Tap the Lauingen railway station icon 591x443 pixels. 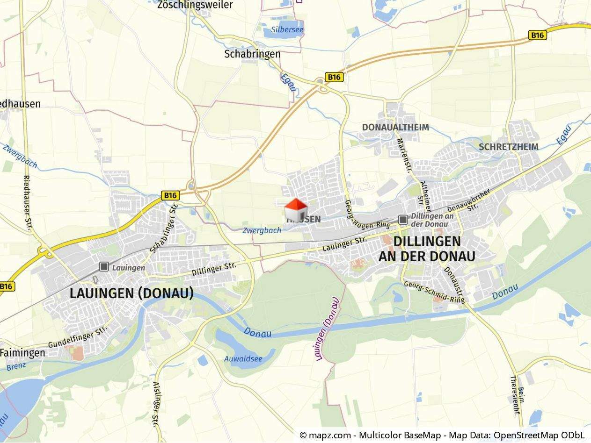point(104,267)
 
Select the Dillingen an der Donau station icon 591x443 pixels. point(403,220)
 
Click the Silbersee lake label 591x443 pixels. point(287,30)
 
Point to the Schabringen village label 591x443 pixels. point(252,54)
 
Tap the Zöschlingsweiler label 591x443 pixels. point(195,5)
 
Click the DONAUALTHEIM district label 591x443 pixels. point(395,127)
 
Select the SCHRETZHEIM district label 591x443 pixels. point(508,147)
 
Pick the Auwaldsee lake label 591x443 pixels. point(243,359)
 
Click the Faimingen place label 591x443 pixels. point(22,353)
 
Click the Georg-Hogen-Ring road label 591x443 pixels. point(367,214)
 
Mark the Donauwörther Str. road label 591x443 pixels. point(469,200)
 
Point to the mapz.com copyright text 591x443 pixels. point(442,436)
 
